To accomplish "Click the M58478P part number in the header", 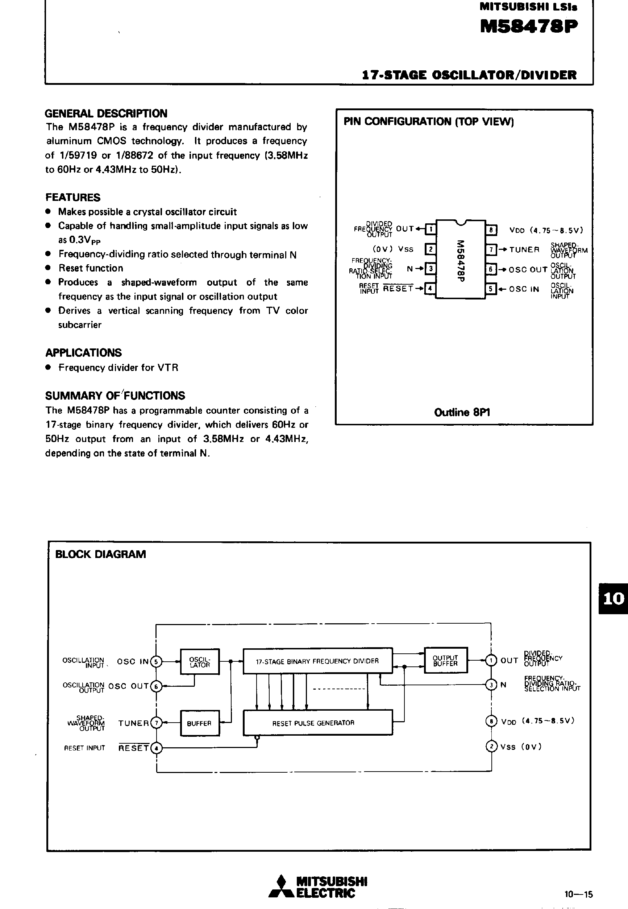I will (529, 27).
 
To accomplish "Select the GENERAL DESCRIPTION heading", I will (106, 113).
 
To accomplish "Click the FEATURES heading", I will (73, 197).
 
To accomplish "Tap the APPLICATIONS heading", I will (83, 352).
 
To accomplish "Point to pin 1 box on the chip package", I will (431, 229).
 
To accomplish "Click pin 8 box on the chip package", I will (491, 230).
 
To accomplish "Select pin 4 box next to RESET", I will (430, 289).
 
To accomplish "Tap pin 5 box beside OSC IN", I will (491, 289).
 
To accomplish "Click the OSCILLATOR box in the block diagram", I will (200, 662).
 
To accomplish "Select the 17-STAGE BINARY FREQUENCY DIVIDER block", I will (317, 661).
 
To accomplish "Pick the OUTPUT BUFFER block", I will (445, 661).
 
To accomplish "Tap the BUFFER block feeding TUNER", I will (200, 723).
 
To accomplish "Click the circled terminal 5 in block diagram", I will (156, 661).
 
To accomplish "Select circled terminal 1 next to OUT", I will (491, 660).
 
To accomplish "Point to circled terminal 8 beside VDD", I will (491, 721).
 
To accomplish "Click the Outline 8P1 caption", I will (462, 412).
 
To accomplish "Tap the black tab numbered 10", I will (613, 598).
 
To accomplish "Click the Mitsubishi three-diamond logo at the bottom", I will (281, 887).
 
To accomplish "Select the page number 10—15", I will (578, 894).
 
